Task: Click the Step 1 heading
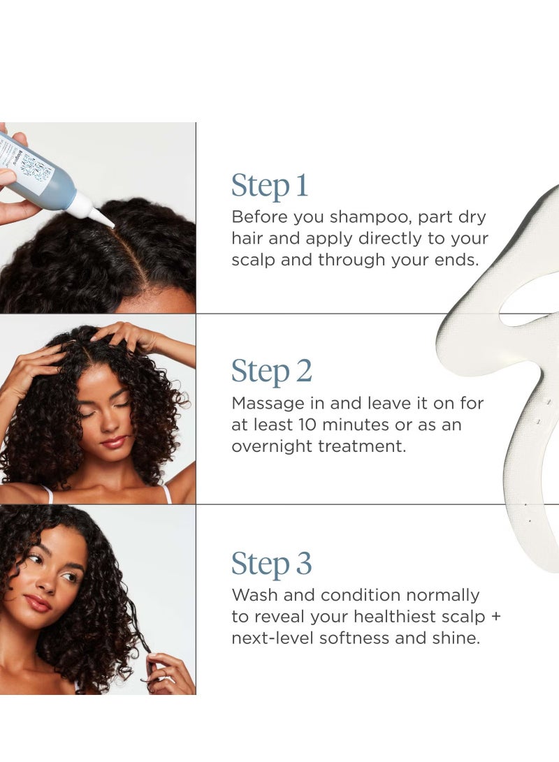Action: (270, 186)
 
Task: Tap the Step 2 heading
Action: (271, 372)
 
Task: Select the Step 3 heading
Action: (271, 564)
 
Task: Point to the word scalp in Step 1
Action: (254, 260)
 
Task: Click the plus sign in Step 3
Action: (495, 617)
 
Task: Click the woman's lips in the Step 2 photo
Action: (113, 442)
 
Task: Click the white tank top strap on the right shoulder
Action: (168, 494)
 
